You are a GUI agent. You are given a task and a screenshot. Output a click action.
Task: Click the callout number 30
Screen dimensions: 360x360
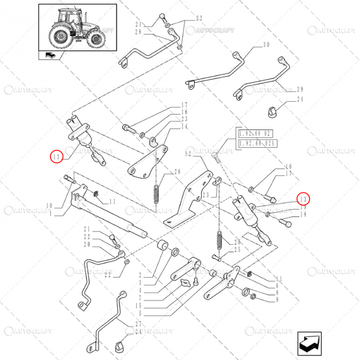(266, 45)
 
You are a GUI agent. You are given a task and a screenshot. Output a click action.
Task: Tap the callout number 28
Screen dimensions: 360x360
(138, 32)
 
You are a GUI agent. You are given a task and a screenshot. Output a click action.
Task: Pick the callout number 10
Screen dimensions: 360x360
(49, 206)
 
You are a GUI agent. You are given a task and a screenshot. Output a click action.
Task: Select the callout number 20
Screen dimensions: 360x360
(86, 244)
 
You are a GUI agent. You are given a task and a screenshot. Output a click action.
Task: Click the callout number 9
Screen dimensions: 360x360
(277, 299)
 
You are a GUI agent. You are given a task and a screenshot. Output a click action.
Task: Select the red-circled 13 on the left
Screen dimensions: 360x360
(57, 156)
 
